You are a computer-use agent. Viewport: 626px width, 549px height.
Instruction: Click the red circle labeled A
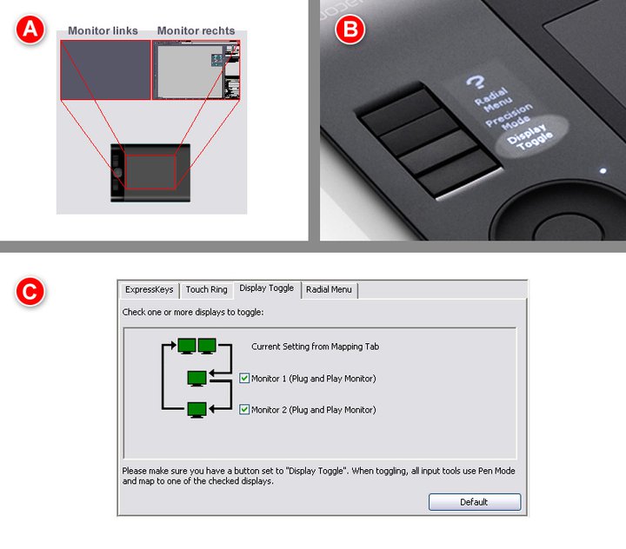[x=30, y=30]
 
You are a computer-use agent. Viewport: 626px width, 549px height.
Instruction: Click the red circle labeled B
[x=350, y=30]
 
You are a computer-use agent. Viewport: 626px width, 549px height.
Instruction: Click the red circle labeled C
[x=30, y=292]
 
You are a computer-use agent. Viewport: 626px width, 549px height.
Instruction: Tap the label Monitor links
[x=103, y=30]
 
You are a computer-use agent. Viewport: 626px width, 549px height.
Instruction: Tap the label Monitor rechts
[x=196, y=30]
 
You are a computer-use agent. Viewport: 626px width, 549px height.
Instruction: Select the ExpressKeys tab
[x=150, y=289]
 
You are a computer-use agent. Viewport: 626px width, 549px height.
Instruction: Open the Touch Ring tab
[x=206, y=289]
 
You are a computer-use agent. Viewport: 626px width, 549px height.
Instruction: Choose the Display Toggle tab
[x=267, y=288]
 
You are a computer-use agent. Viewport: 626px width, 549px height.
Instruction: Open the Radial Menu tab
[x=329, y=289]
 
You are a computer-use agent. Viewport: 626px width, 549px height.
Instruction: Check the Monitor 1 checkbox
[x=244, y=378]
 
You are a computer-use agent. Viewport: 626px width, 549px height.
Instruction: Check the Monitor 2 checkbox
[x=244, y=409]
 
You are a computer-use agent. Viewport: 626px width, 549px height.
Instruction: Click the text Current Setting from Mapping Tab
[x=315, y=347]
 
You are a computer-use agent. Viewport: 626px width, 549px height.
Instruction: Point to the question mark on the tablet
[x=476, y=82]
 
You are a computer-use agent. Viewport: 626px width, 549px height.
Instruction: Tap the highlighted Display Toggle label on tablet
[x=529, y=137]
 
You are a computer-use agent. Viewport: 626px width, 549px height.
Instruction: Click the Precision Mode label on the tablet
[x=509, y=117]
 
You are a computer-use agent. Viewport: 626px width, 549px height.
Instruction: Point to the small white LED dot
[x=603, y=171]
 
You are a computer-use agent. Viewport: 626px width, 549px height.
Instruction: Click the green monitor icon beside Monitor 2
[x=196, y=410]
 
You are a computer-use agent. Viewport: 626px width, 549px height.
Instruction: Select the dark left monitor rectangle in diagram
[x=105, y=69]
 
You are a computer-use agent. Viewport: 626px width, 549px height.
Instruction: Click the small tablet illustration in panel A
[x=150, y=173]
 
